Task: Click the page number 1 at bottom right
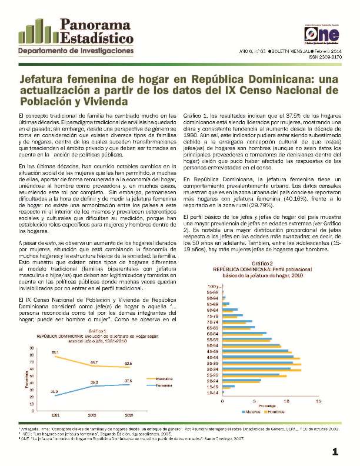tap(335, 451)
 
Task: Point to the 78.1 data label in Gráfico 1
tap(54, 352)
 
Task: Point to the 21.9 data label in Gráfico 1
tap(54, 391)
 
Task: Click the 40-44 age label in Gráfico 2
tap(213, 357)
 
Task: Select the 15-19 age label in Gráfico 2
tap(213, 386)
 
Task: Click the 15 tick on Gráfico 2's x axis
tap(319, 401)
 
